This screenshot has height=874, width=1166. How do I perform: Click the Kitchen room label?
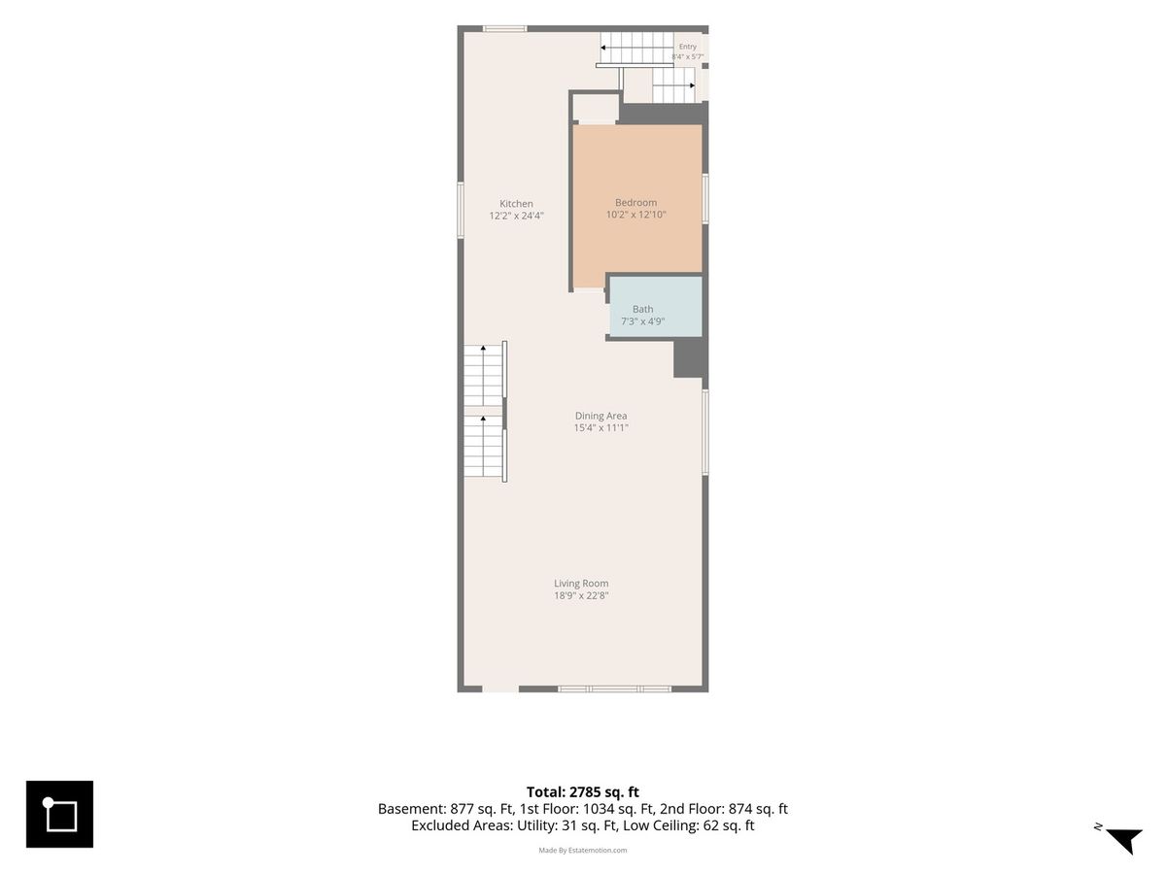click(516, 204)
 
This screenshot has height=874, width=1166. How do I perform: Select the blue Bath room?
click(656, 306)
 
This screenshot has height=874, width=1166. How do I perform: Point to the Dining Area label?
click(600, 416)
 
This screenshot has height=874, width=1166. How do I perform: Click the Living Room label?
click(581, 584)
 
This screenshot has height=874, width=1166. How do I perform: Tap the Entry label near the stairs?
click(687, 47)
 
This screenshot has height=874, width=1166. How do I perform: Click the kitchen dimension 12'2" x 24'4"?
click(516, 216)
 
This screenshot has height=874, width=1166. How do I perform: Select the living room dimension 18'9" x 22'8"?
click(581, 595)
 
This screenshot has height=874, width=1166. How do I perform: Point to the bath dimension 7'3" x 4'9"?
click(643, 321)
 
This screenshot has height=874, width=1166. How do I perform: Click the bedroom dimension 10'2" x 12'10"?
click(635, 215)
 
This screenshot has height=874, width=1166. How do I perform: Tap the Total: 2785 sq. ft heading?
click(583, 792)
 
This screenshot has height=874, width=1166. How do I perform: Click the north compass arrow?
click(1125, 839)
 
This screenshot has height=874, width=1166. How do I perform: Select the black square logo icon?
click(59, 814)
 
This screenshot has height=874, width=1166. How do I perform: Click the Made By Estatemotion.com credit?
click(583, 850)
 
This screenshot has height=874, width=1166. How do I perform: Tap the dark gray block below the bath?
click(691, 358)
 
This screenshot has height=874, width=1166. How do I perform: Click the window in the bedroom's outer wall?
click(705, 199)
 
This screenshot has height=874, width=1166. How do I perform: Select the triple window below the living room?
click(615, 689)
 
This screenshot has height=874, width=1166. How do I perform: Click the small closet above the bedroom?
click(596, 109)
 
